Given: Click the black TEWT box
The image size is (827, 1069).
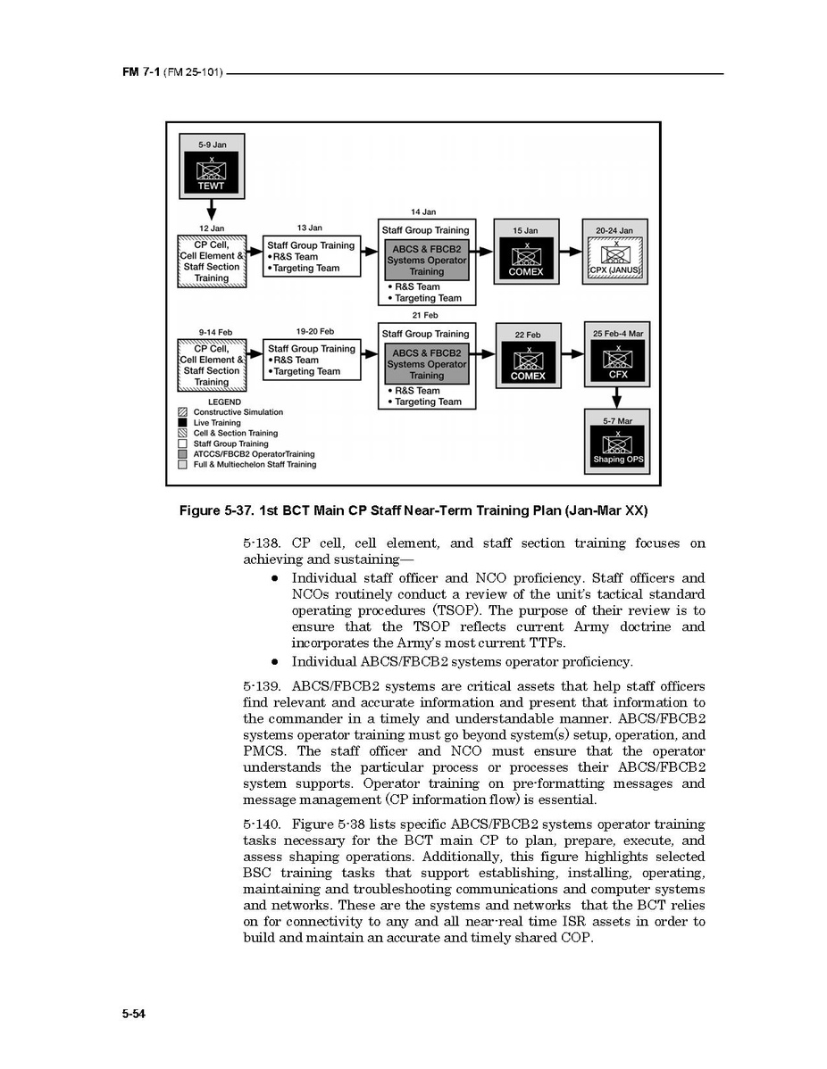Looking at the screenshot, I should click(212, 173).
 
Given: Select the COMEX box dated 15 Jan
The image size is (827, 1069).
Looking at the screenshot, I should click(525, 259).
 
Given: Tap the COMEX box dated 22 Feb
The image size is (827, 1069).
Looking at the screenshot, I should click(528, 363).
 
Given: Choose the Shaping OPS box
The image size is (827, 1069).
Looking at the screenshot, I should click(617, 447).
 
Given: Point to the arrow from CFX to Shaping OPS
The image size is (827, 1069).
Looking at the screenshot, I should click(617, 396).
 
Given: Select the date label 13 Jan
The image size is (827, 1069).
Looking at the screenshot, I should click(310, 228).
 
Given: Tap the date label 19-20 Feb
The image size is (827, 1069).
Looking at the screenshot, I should click(314, 332).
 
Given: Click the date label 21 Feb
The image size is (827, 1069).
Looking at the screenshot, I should click(424, 315).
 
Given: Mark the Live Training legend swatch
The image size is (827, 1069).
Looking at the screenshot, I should click(183, 423).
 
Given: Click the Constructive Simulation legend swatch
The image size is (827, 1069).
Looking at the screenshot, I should click(183, 412).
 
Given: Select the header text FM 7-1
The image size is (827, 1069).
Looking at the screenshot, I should click(141, 71).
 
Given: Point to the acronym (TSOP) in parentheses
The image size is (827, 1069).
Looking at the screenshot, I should click(437, 610).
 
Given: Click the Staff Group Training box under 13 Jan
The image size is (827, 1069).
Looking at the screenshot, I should click(311, 257).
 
